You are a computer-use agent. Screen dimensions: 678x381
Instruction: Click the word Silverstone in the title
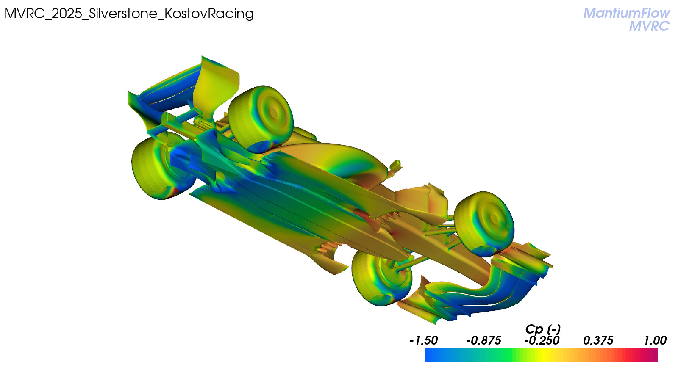123,14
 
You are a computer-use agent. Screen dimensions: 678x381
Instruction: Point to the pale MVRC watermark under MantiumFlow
650,26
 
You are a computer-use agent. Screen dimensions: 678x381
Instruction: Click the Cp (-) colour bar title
543,329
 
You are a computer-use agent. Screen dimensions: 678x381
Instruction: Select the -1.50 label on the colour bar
424,340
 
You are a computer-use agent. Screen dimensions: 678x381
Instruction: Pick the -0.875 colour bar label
483,340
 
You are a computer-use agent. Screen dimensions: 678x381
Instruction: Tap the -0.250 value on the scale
542,340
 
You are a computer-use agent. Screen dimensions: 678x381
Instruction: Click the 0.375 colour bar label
598,340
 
